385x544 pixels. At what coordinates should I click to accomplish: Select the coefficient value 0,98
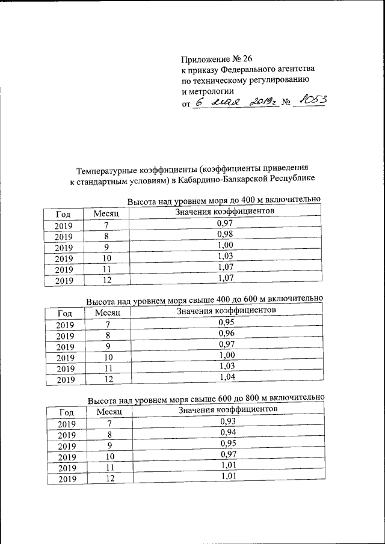point(224,234)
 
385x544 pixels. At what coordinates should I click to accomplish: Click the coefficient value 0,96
point(226,332)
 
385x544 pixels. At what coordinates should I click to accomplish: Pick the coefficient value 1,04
point(227,377)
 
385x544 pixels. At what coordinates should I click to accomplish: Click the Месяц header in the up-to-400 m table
point(108,214)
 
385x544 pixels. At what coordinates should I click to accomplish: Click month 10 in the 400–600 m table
point(109,358)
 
